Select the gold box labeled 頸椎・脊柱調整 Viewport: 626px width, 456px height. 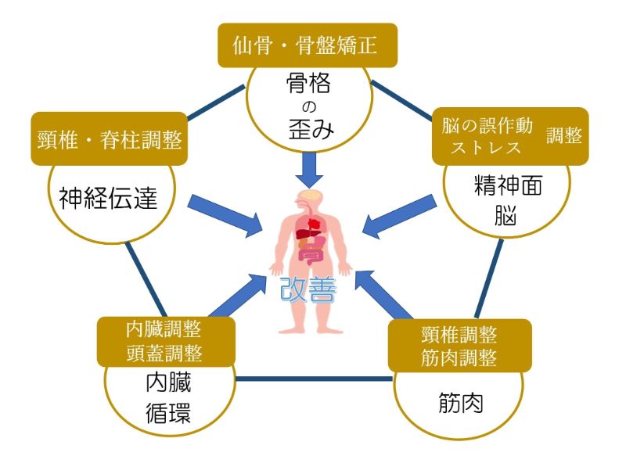pos(110,139)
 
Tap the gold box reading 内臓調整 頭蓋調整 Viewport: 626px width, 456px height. pos(164,342)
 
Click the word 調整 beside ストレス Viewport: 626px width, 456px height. pos(563,135)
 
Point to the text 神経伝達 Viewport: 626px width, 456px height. pos(109,199)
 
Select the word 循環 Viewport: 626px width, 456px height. pos(167,411)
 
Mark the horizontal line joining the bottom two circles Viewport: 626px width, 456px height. pos(313,379)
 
